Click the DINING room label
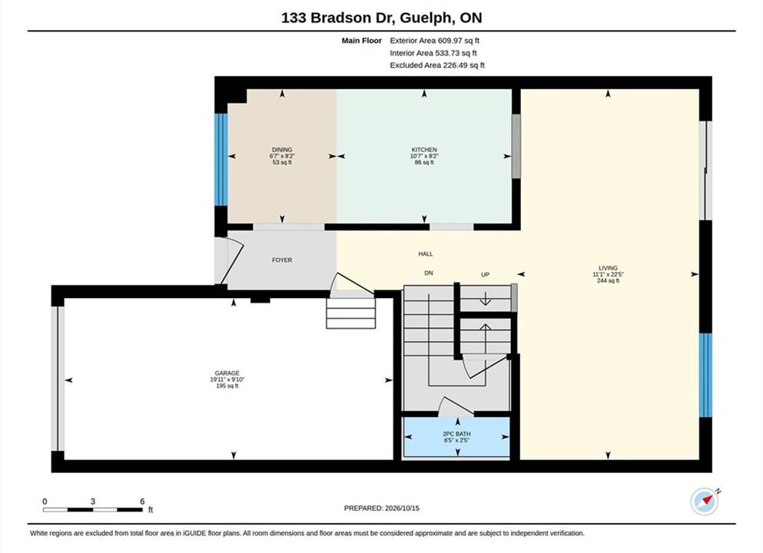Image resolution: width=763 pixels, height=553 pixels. point(282,150)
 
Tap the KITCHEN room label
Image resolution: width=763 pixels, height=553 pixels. point(424,150)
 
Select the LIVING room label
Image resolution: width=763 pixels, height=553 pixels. point(608,268)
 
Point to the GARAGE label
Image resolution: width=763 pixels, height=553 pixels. point(227,373)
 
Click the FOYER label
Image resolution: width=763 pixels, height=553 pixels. point(282,260)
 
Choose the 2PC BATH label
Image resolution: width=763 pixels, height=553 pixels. point(456,434)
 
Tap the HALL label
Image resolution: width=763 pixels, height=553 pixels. point(425,254)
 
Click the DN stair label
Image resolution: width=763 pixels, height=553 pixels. point(429,273)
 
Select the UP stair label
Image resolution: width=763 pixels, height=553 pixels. point(485,275)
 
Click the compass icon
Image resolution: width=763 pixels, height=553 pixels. point(705,502)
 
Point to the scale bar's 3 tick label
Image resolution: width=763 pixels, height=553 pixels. point(92,502)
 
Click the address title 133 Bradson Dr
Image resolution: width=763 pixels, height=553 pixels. point(338,18)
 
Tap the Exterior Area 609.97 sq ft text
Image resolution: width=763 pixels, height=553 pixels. point(435,41)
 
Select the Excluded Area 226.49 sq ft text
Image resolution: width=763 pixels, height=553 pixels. point(437,65)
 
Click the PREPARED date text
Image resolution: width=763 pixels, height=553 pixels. point(381,508)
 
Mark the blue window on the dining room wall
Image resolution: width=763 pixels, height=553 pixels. point(221,160)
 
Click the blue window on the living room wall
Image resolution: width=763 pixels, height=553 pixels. point(705,375)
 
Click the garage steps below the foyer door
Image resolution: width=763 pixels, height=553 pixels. point(351,313)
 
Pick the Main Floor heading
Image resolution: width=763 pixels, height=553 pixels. point(362,41)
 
